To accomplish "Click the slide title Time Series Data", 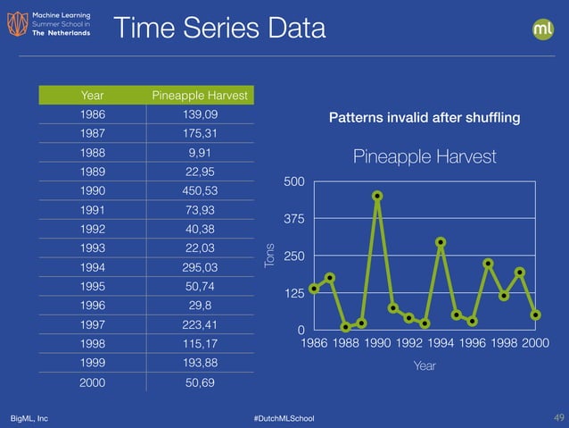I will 219,29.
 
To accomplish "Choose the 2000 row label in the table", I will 91,382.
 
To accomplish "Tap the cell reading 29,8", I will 200,306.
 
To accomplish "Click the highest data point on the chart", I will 377,196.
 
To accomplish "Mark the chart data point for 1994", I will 441,242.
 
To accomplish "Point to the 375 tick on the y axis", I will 293,219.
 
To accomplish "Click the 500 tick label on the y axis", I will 293,182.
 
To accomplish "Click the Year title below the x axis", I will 425,365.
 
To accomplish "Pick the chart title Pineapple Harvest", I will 425,157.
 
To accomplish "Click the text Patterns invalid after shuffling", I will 425,118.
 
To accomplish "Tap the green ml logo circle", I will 543,29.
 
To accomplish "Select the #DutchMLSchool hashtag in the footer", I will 284,418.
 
